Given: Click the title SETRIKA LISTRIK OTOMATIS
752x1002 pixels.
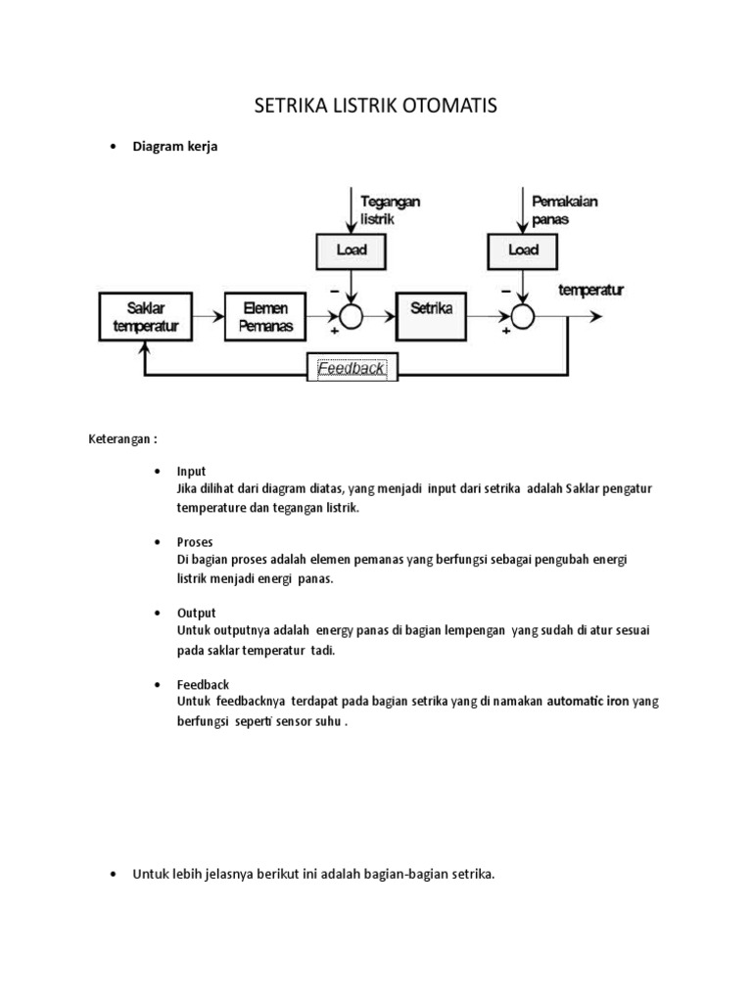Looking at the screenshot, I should click(x=376, y=106).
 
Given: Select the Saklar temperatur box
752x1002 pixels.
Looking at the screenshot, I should click(x=145, y=317).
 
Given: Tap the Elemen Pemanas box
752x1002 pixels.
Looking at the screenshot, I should click(x=266, y=317).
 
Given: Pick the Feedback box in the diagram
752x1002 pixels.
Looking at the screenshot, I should click(x=352, y=370).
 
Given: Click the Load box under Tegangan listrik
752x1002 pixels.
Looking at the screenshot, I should click(x=352, y=251).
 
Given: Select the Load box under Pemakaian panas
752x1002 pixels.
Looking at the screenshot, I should click(x=524, y=251).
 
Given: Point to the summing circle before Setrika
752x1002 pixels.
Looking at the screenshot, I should click(x=352, y=315).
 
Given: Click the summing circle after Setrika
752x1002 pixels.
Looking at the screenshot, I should click(x=524, y=315).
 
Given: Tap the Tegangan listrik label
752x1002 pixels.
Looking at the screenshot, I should click(x=390, y=210).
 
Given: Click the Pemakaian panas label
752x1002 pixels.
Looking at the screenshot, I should click(x=564, y=210).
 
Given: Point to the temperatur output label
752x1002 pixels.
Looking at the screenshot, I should click(x=591, y=291).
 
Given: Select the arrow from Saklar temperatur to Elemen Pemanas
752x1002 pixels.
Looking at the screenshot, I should click(x=206, y=316).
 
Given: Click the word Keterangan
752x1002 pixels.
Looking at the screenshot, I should click(x=119, y=439).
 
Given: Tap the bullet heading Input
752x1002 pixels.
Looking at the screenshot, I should click(x=191, y=471).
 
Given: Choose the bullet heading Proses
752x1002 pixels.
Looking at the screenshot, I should click(x=195, y=541).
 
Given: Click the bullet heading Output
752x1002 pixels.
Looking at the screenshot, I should click(x=197, y=613).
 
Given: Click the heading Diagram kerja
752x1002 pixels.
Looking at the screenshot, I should click(x=175, y=148).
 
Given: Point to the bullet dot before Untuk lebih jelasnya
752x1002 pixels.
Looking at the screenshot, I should click(x=114, y=874).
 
